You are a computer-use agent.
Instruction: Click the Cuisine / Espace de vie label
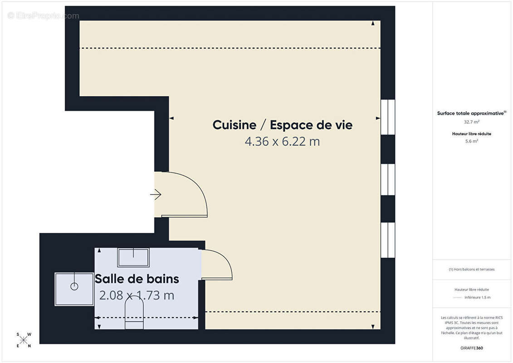(x=282, y=125)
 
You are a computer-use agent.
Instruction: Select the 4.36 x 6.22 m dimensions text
(x=282, y=142)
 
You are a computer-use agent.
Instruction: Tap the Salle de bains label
(x=137, y=279)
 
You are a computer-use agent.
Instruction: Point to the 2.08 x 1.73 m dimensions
(x=137, y=295)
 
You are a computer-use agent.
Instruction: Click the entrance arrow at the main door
(x=156, y=195)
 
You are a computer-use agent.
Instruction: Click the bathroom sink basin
(x=133, y=257)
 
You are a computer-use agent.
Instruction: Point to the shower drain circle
(x=74, y=286)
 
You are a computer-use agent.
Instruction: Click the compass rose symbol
(x=24, y=340)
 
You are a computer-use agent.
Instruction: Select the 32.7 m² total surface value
(x=472, y=122)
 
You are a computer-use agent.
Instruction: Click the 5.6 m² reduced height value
(x=472, y=141)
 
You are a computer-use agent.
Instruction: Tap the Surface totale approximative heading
(x=471, y=113)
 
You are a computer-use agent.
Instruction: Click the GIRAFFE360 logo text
(x=472, y=348)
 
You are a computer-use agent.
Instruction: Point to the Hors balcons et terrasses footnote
(x=472, y=269)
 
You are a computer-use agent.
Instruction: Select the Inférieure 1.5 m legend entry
(x=477, y=298)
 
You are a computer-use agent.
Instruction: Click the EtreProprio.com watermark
(x=44, y=16)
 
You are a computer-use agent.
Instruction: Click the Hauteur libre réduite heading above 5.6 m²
(x=472, y=134)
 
